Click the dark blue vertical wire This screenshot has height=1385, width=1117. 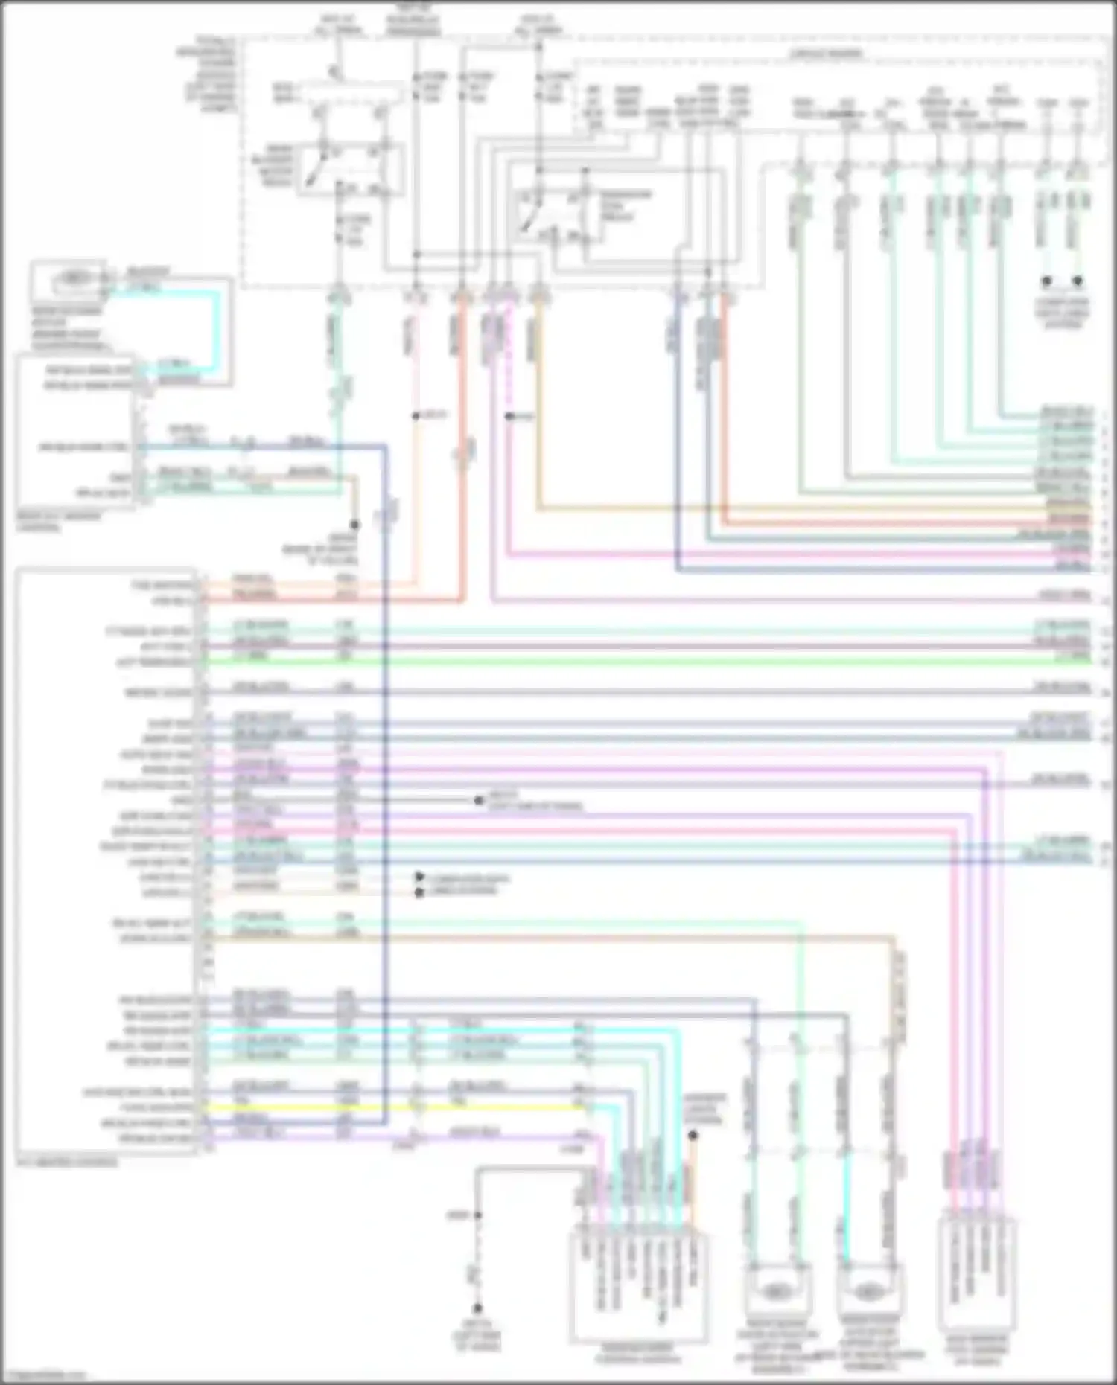tap(385, 744)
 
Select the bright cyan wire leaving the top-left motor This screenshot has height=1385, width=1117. tap(217, 327)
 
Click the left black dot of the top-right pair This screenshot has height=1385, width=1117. tap(1046, 281)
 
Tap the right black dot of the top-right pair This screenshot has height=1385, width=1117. tap(1077, 281)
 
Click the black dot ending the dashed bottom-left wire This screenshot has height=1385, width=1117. tap(477, 1308)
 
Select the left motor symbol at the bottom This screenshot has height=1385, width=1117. tap(776, 1288)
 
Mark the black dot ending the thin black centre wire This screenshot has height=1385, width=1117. tap(478, 801)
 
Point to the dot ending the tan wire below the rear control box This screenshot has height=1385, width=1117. tap(355, 525)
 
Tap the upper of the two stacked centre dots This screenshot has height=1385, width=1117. tap(419, 878)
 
